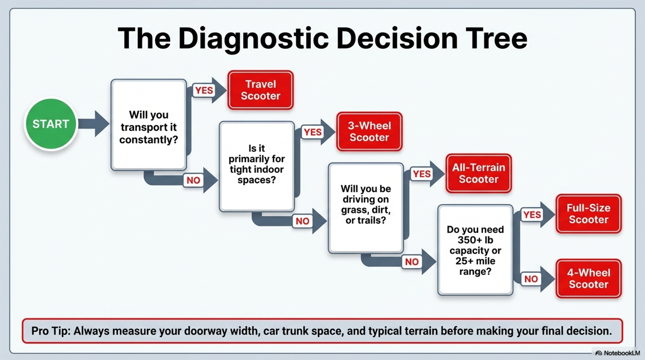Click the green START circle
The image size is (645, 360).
(51, 124)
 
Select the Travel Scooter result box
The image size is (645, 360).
(261, 90)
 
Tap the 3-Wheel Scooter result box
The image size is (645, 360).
(369, 132)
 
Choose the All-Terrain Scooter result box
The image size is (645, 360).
(479, 173)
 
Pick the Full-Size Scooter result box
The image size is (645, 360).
(589, 214)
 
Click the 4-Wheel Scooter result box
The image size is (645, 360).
(589, 279)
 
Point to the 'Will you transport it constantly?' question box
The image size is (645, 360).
(149, 125)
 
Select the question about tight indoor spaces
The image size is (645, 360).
(257, 166)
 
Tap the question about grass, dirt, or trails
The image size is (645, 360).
(365, 208)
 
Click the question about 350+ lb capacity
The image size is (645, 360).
(475, 250)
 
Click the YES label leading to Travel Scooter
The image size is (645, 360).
(204, 90)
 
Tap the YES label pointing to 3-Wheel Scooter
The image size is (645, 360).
(313, 132)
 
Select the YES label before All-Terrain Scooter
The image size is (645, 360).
(421, 174)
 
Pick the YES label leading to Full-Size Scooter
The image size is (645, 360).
(532, 215)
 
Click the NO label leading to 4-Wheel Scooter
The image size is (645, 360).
(531, 279)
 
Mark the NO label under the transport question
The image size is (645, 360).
(193, 180)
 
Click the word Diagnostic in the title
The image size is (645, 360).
(253, 39)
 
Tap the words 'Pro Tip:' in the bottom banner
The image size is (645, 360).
(51, 331)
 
